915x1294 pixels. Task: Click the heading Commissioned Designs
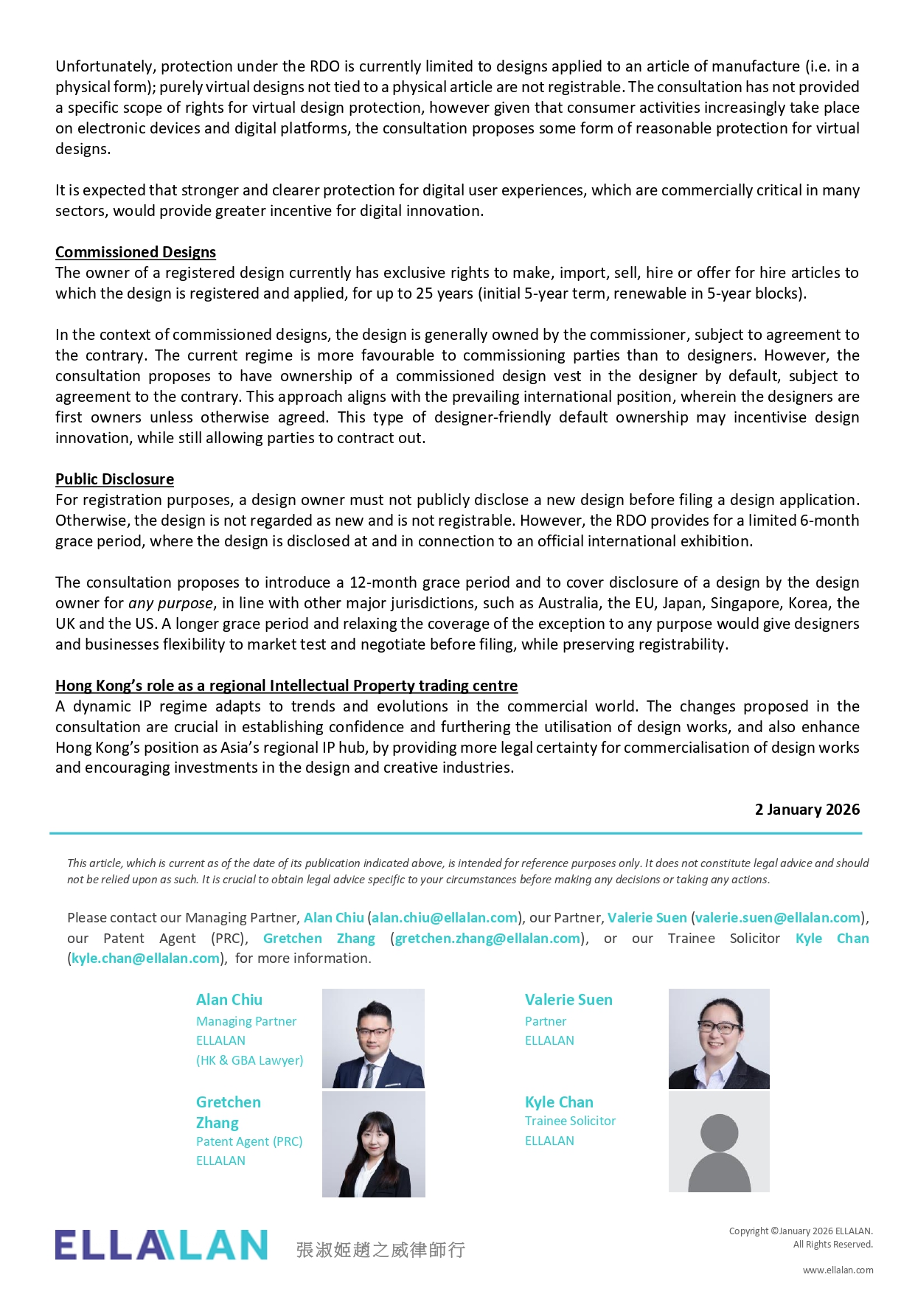(x=136, y=252)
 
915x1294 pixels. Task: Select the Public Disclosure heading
(x=114, y=479)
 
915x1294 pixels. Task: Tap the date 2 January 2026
(x=807, y=810)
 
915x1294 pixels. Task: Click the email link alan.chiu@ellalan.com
(x=445, y=918)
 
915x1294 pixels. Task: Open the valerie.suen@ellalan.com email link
(x=778, y=918)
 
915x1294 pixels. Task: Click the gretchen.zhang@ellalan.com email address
(x=487, y=939)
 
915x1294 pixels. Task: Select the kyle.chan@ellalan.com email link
(x=145, y=959)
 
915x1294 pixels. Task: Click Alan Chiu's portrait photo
(x=373, y=1038)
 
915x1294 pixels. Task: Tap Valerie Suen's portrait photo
(x=719, y=1038)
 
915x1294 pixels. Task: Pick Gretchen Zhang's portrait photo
(x=373, y=1144)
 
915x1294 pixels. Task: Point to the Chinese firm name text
(x=380, y=1249)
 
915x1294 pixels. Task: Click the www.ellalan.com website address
(x=838, y=1270)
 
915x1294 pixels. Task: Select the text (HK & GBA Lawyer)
(x=249, y=1060)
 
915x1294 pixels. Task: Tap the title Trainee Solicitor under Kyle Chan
(x=570, y=1121)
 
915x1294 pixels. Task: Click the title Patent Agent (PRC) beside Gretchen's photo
(x=249, y=1141)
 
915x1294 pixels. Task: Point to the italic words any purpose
(x=170, y=603)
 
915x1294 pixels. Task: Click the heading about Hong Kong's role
(x=286, y=686)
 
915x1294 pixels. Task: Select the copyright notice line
(x=801, y=1231)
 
